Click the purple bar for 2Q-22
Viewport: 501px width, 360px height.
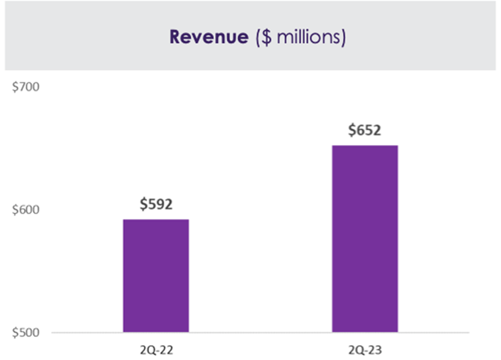156,275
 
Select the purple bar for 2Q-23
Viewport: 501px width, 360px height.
364,238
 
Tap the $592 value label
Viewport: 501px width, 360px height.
156,204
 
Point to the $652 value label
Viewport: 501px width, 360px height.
364,130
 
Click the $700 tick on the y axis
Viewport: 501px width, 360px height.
24,88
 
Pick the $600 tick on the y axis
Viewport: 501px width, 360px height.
24,210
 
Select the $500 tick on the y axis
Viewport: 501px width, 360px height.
24,333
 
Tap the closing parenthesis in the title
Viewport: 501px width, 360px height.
343,38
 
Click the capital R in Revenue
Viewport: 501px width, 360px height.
175,37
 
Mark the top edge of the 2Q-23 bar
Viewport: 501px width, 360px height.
364,146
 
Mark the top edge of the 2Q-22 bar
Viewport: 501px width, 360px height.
156,220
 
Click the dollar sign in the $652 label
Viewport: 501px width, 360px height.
352,130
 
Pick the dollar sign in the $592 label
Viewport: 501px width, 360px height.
143,204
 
